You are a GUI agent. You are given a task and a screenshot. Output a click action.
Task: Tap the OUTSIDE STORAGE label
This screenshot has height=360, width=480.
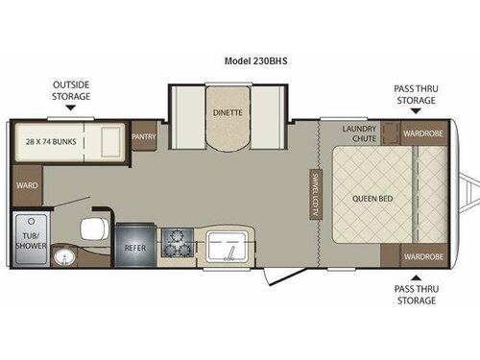click(71, 90)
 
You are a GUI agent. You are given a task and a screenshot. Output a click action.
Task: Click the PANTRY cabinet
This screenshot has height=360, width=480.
click(144, 136)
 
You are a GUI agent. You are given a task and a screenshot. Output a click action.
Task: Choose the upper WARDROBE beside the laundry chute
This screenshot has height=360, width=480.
click(422, 132)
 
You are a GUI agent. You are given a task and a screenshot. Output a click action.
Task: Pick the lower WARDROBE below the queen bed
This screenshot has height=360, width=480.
click(422, 256)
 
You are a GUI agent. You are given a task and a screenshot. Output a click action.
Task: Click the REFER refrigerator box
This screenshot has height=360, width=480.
click(133, 247)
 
